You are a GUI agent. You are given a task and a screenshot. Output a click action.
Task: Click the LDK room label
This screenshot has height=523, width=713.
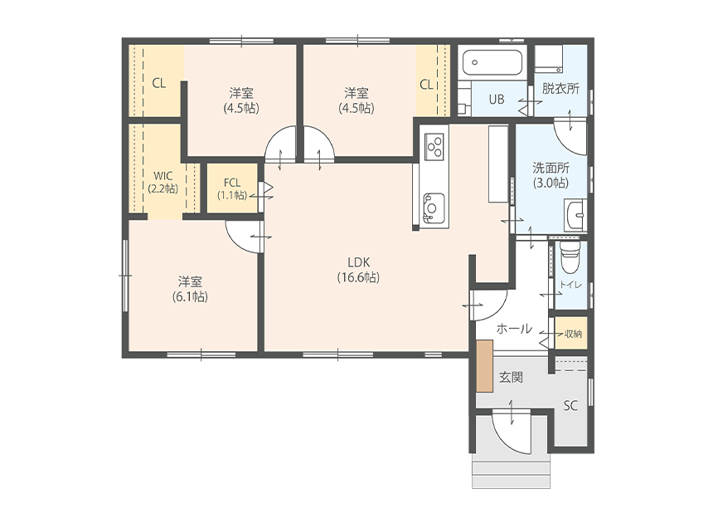coord(358,270)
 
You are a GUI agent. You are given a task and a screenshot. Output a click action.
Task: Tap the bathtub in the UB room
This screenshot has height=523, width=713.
coord(492,63)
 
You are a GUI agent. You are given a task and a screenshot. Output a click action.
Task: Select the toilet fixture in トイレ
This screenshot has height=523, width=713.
coord(570,257)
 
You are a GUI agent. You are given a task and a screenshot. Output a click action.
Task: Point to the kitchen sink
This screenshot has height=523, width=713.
coord(433,208)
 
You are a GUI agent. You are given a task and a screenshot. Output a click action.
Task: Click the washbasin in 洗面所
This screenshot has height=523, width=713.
coord(576,214)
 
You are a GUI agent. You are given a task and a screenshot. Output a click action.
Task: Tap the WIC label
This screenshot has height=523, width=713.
coord(162,182)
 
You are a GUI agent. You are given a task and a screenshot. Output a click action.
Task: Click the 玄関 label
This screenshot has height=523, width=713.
coord(511,377)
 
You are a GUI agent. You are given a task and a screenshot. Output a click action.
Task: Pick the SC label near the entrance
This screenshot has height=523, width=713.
coord(570,405)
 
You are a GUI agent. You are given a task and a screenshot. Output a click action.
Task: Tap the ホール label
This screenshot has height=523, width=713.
coord(514,328)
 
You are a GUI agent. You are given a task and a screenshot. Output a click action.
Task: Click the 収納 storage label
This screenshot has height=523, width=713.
coord(573,334)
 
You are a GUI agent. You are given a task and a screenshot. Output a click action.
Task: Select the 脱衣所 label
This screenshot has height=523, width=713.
coord(560,88)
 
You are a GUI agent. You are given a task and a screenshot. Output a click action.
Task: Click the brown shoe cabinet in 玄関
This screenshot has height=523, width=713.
coord(485,365)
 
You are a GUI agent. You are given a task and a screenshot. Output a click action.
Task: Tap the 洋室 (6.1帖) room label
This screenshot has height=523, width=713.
coord(190,289)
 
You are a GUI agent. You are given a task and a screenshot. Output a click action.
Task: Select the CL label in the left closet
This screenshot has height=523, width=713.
coord(158,83)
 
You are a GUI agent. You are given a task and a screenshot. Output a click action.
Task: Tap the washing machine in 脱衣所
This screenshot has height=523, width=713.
coord(548,58)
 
